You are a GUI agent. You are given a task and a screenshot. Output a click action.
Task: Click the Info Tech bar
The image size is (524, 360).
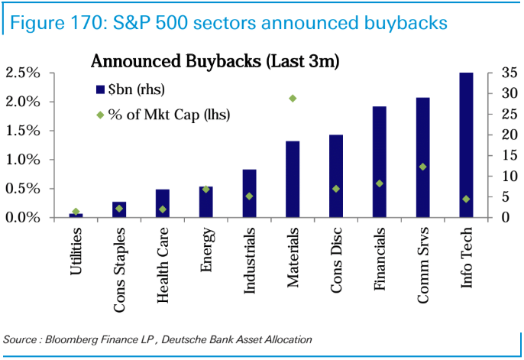pos(466,145)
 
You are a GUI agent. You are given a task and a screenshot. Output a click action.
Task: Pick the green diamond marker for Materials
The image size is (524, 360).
pos(293,99)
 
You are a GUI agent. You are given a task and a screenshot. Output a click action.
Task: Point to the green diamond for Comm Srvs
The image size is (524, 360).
pos(422,167)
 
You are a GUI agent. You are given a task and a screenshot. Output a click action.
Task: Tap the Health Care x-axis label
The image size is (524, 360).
pos(163,264)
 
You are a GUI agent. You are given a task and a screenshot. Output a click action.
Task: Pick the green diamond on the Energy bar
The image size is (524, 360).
pos(205,189)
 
